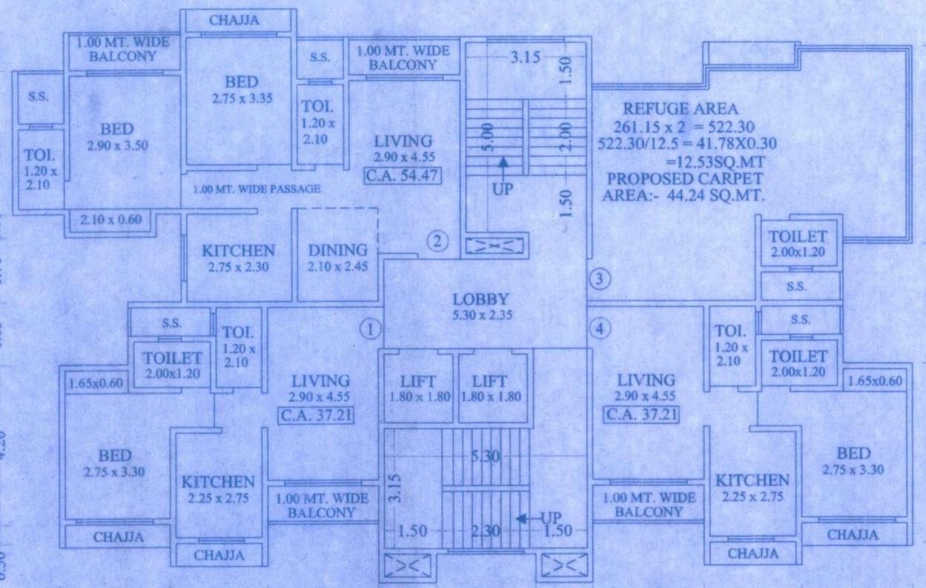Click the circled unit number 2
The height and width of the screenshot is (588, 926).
[437, 242]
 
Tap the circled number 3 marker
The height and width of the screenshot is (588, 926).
[600, 280]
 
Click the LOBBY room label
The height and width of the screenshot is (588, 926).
[482, 300]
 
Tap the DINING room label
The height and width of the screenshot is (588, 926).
[338, 251]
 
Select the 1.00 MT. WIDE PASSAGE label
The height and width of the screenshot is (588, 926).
[257, 189]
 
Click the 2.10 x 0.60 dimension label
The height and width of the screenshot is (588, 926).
[109, 219]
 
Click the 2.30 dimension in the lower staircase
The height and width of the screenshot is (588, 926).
[486, 530]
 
